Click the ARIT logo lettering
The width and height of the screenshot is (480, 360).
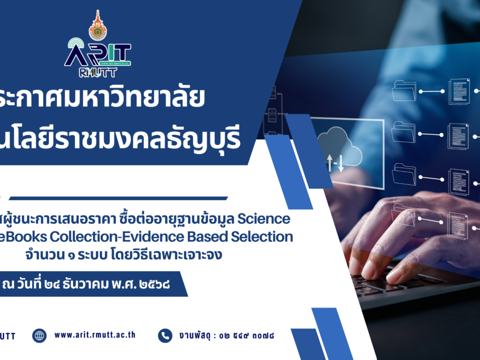click(x=97, y=53)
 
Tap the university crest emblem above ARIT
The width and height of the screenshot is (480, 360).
click(x=97, y=25)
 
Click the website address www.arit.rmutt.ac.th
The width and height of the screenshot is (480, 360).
click(x=94, y=335)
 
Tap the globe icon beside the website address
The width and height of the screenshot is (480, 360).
click(x=39, y=335)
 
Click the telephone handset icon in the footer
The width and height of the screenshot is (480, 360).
click(x=165, y=335)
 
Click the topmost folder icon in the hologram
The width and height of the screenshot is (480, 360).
click(x=403, y=91)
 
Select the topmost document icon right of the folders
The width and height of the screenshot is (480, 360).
click(x=458, y=91)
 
